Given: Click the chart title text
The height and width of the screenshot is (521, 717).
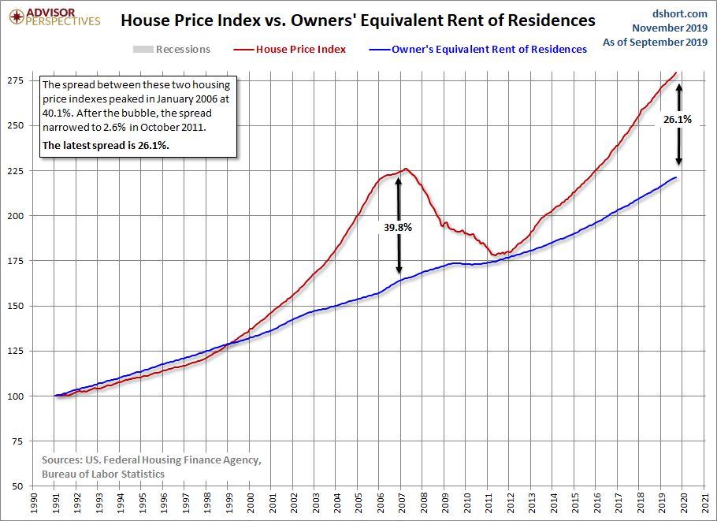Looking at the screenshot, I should point(358,20).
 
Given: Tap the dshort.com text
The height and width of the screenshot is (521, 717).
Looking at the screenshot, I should point(680,13).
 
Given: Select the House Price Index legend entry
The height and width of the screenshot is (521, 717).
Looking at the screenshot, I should point(301,49).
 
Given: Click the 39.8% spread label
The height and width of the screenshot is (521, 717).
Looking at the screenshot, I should point(398,227).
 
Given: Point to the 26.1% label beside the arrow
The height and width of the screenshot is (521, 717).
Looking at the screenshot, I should point(677,120).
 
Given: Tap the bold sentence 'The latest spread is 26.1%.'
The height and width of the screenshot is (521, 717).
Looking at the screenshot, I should point(106,146).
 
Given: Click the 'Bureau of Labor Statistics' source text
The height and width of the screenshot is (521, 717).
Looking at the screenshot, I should point(103,474).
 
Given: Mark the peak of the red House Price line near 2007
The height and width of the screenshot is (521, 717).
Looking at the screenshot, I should point(405,168).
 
